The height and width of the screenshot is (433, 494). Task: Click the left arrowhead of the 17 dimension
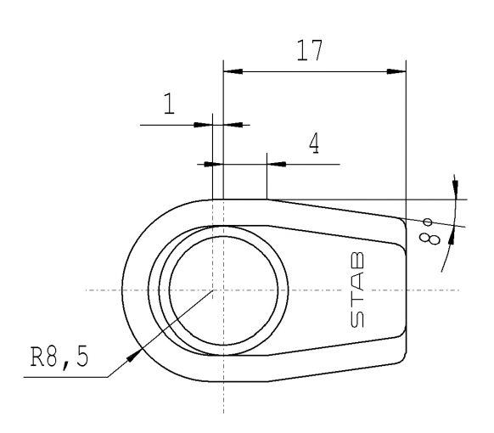(228, 73)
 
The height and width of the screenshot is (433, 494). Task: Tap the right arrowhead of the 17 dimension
(400, 73)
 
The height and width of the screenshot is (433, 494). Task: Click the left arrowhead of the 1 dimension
(204, 125)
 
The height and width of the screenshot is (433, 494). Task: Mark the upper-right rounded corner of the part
(401, 220)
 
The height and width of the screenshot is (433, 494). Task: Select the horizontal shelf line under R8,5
(68, 377)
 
